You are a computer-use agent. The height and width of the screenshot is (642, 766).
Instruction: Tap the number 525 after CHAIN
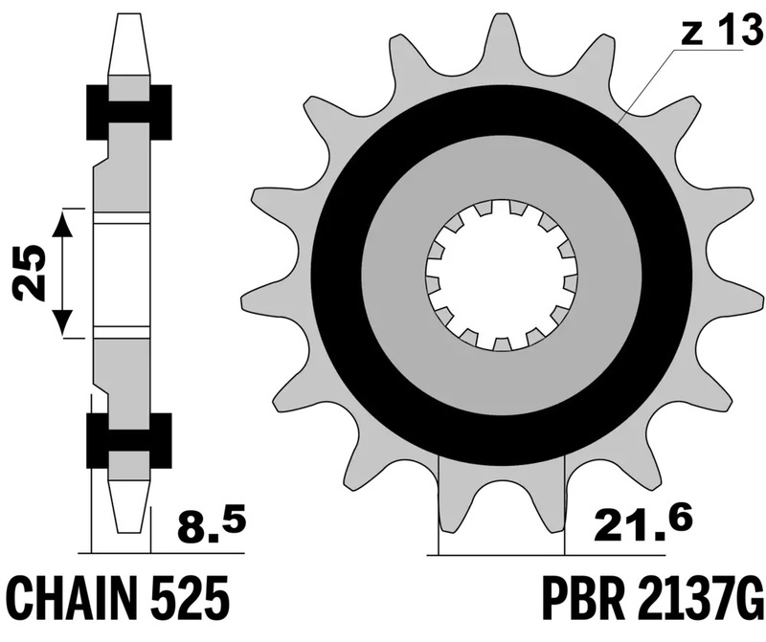pos(197,599)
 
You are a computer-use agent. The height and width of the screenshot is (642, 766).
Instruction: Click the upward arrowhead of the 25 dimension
pos(62,224)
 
